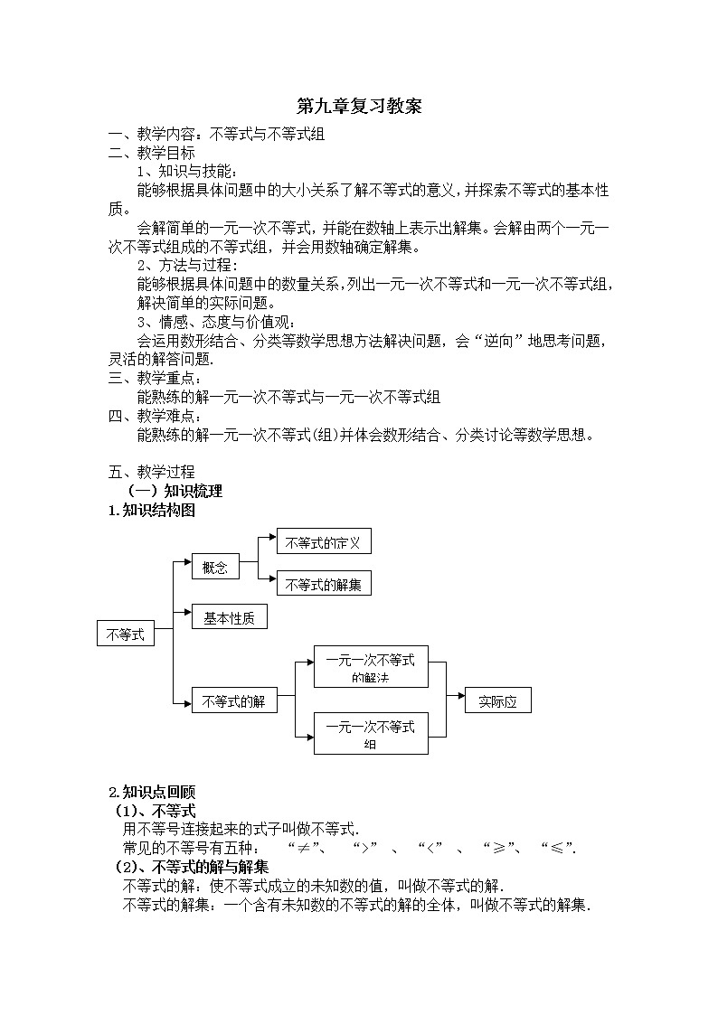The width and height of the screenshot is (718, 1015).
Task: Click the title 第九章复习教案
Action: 359,107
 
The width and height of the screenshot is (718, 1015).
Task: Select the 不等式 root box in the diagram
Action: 126,634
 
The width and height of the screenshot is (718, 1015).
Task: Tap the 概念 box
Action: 215,567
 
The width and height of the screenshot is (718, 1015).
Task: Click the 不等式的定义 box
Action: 323,542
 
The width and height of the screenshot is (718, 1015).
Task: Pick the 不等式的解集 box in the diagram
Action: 323,584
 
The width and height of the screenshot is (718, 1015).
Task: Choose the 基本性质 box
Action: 229,618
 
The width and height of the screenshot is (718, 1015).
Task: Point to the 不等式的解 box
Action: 232,701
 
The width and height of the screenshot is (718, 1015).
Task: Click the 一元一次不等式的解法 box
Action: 370,668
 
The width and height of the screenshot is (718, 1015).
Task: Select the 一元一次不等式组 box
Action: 370,733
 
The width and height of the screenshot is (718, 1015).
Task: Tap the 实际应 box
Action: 497,701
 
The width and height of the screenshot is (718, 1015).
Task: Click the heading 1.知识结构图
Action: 151,511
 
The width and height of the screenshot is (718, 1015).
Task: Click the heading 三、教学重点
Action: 156,379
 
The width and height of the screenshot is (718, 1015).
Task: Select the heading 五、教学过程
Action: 151,472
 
